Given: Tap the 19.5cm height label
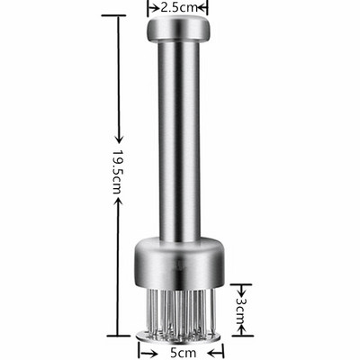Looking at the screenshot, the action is click(x=118, y=171).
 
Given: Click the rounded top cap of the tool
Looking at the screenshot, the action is click(x=177, y=29).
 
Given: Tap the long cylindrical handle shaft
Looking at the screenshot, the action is click(x=179, y=141).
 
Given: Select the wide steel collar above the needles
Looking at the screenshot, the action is click(x=179, y=263).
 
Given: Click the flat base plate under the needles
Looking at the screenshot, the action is click(x=178, y=336).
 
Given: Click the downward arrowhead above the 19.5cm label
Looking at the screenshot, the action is click(x=119, y=139).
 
